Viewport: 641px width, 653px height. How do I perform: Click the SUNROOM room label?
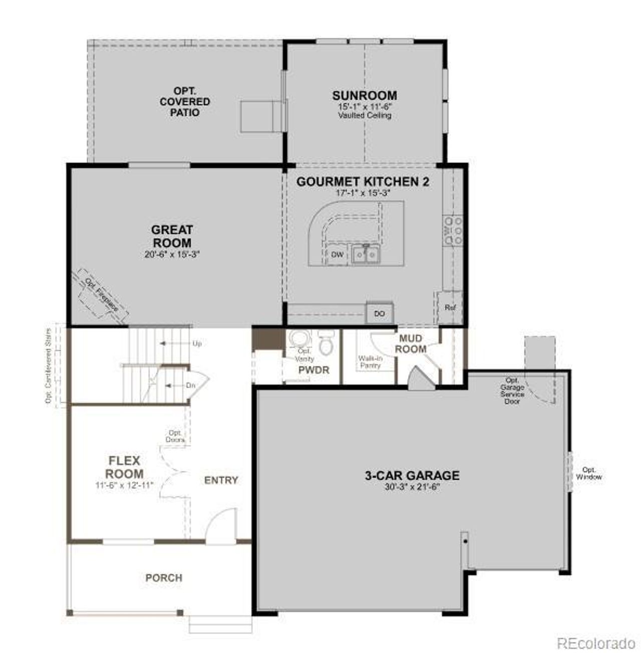click(364, 96)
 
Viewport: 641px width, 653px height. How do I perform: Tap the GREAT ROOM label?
click(172, 236)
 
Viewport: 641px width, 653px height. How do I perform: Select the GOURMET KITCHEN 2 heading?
click(363, 181)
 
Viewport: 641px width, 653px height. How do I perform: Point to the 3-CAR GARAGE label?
click(412, 475)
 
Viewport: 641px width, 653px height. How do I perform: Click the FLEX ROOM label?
click(124, 467)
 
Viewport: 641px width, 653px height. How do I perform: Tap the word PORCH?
click(164, 578)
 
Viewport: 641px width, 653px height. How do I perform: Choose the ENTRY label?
click(221, 480)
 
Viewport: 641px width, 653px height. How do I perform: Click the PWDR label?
click(313, 370)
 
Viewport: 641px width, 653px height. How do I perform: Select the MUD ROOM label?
click(410, 344)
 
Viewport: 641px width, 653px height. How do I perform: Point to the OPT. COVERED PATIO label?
click(185, 102)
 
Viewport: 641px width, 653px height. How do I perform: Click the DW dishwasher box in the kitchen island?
click(338, 255)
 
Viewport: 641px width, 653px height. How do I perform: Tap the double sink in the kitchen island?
click(365, 254)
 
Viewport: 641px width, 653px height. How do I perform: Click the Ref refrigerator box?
click(450, 307)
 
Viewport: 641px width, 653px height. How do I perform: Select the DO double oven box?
click(380, 313)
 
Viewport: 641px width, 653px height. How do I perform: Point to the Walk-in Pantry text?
click(370, 362)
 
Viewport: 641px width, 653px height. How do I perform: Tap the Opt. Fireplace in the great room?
click(101, 296)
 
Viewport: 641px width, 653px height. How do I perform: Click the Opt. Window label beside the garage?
click(588, 473)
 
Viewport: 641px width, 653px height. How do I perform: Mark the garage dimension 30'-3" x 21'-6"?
click(412, 486)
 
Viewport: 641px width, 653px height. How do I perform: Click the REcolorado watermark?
click(596, 642)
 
